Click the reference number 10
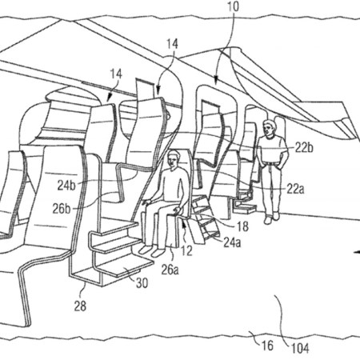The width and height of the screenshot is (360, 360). pyautogui.click(x=233, y=6)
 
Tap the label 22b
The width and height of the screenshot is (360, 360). pyautogui.click(x=304, y=147)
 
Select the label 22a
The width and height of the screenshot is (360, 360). pyautogui.click(x=295, y=189)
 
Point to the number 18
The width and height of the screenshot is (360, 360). pyautogui.click(x=242, y=226)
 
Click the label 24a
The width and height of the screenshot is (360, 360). pyautogui.click(x=232, y=242)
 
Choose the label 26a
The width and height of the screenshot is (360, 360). pyautogui.click(x=170, y=270)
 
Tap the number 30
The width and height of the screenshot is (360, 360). pyautogui.click(x=142, y=283)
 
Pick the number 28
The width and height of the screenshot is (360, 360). pyautogui.click(x=80, y=306)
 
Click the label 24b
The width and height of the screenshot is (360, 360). pyautogui.click(x=66, y=186)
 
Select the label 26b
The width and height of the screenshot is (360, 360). pyautogui.click(x=62, y=209)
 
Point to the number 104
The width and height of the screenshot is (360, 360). pyautogui.click(x=300, y=348)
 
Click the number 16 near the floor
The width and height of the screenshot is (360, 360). pyautogui.click(x=267, y=346)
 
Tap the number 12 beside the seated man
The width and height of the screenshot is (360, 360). pyautogui.click(x=186, y=251)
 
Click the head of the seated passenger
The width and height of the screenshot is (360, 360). pyautogui.click(x=173, y=158)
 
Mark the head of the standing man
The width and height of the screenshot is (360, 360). pyautogui.click(x=269, y=128)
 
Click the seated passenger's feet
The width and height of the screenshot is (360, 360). pyautogui.click(x=151, y=250)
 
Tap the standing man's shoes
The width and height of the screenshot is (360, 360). pyautogui.click(x=271, y=218)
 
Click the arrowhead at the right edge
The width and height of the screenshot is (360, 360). pyautogui.click(x=357, y=252)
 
